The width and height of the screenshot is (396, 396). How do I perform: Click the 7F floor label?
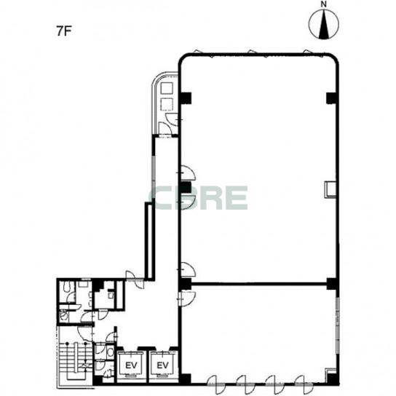(63, 31)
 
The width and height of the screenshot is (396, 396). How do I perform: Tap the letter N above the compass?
(323, 4)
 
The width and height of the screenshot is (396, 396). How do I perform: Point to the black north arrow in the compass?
(323, 26)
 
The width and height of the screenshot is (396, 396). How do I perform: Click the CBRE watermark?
(199, 198)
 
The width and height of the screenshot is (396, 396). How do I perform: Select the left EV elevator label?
(131, 365)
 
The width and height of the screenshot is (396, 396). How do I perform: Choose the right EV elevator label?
(162, 365)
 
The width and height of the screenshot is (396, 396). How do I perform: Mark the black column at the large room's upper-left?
(186, 98)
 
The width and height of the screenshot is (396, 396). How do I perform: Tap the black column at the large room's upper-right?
(332, 98)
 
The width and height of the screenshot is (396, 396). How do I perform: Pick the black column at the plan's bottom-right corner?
(332, 379)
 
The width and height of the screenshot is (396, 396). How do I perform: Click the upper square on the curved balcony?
(167, 89)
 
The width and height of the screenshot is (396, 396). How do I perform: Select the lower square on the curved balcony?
(167, 105)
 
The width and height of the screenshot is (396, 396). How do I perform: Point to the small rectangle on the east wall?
(330, 189)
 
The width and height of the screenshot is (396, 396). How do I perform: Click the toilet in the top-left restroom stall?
(67, 287)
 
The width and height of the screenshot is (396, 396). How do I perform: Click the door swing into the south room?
(187, 298)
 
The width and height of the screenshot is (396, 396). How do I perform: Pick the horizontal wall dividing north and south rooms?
(259, 284)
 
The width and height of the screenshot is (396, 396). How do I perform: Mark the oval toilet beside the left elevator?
(111, 352)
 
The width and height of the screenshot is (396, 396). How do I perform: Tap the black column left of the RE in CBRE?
(186, 187)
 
